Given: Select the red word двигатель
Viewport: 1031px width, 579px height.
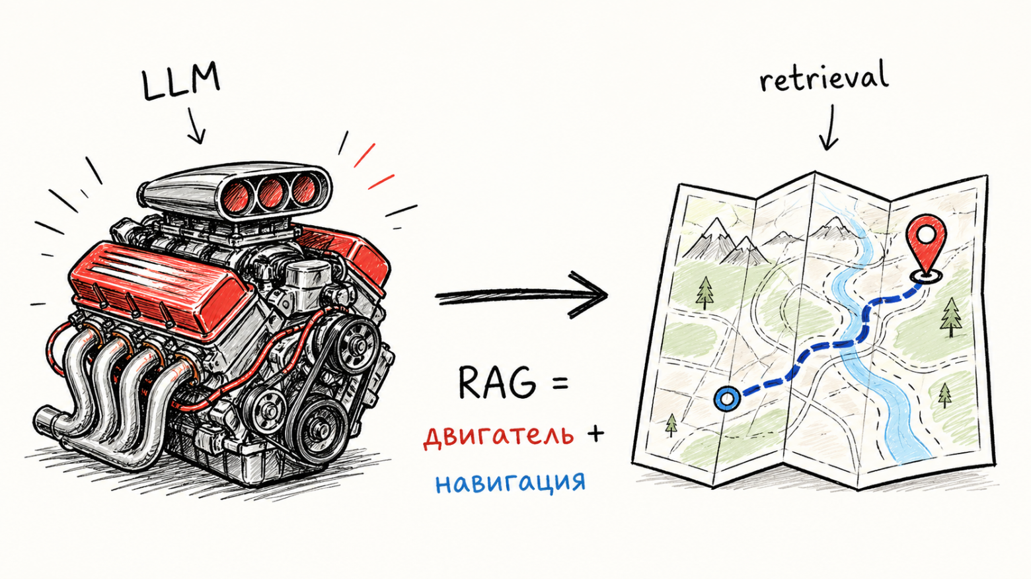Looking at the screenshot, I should tap(498, 435).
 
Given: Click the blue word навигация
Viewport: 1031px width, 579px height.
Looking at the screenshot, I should tap(510, 482).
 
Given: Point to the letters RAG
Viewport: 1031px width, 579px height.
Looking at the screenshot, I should tap(496, 383).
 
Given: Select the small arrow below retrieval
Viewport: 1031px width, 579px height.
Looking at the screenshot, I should tap(828, 129).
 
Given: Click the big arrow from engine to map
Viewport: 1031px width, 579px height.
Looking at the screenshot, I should tap(522, 296).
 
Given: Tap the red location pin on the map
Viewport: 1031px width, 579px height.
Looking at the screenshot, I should tap(926, 244).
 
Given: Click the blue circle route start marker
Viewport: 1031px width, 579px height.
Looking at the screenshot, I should tap(726, 399).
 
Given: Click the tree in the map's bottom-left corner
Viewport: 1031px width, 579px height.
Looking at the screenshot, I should tap(671, 425).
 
